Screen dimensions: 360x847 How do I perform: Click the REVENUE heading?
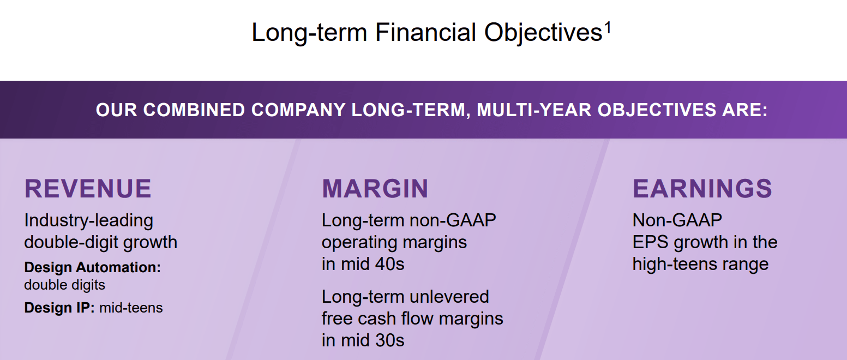tap(88, 189)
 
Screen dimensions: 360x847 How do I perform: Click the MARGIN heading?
tap(375, 189)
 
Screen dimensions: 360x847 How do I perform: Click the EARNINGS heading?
tap(702, 189)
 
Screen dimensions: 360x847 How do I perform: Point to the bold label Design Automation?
tap(93, 267)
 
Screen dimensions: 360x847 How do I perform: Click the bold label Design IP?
tap(59, 308)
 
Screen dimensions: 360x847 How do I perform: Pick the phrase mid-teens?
tap(131, 308)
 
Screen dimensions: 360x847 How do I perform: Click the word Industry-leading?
tap(89, 220)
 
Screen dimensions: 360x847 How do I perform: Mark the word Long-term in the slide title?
tap(309, 33)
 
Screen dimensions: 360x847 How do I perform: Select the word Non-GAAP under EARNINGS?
tap(677, 220)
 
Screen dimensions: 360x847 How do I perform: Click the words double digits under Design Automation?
tap(64, 285)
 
